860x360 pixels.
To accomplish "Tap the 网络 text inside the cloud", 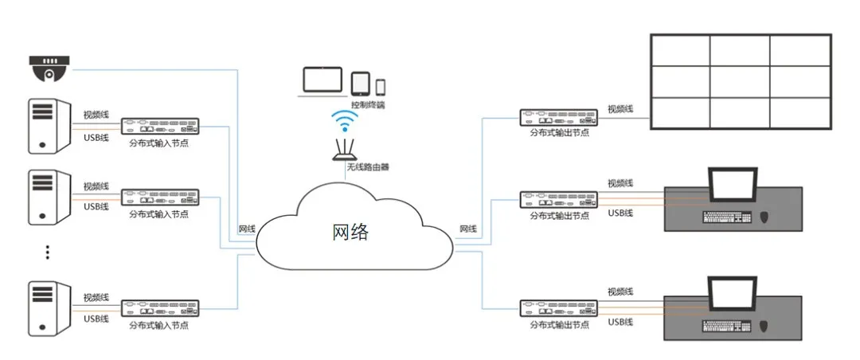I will (x=350, y=232).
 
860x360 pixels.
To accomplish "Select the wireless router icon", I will (x=345, y=151).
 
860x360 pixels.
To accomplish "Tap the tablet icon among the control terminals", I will (x=360, y=84).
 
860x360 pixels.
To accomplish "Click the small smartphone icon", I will (x=381, y=86).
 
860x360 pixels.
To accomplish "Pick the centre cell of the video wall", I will (x=740, y=80).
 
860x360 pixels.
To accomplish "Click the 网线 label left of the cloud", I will (x=248, y=229).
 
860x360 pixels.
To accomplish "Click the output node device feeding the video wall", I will (x=559, y=117).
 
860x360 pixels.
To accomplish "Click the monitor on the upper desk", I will (x=733, y=185).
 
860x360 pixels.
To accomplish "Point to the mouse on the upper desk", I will (x=765, y=217).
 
